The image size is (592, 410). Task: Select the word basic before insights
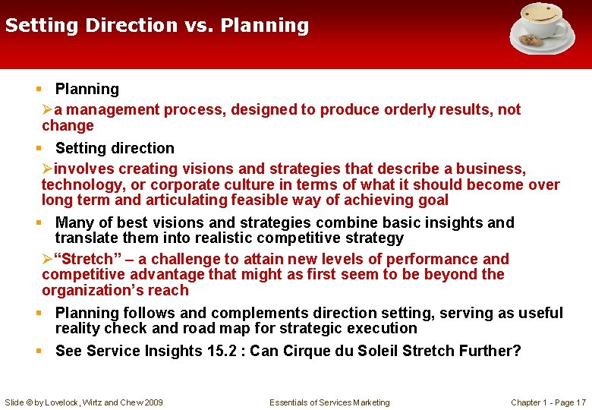(x=385, y=222)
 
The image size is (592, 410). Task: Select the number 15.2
(x=225, y=351)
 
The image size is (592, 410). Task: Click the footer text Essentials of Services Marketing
(x=329, y=402)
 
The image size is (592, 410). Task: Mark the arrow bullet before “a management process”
(x=48, y=110)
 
